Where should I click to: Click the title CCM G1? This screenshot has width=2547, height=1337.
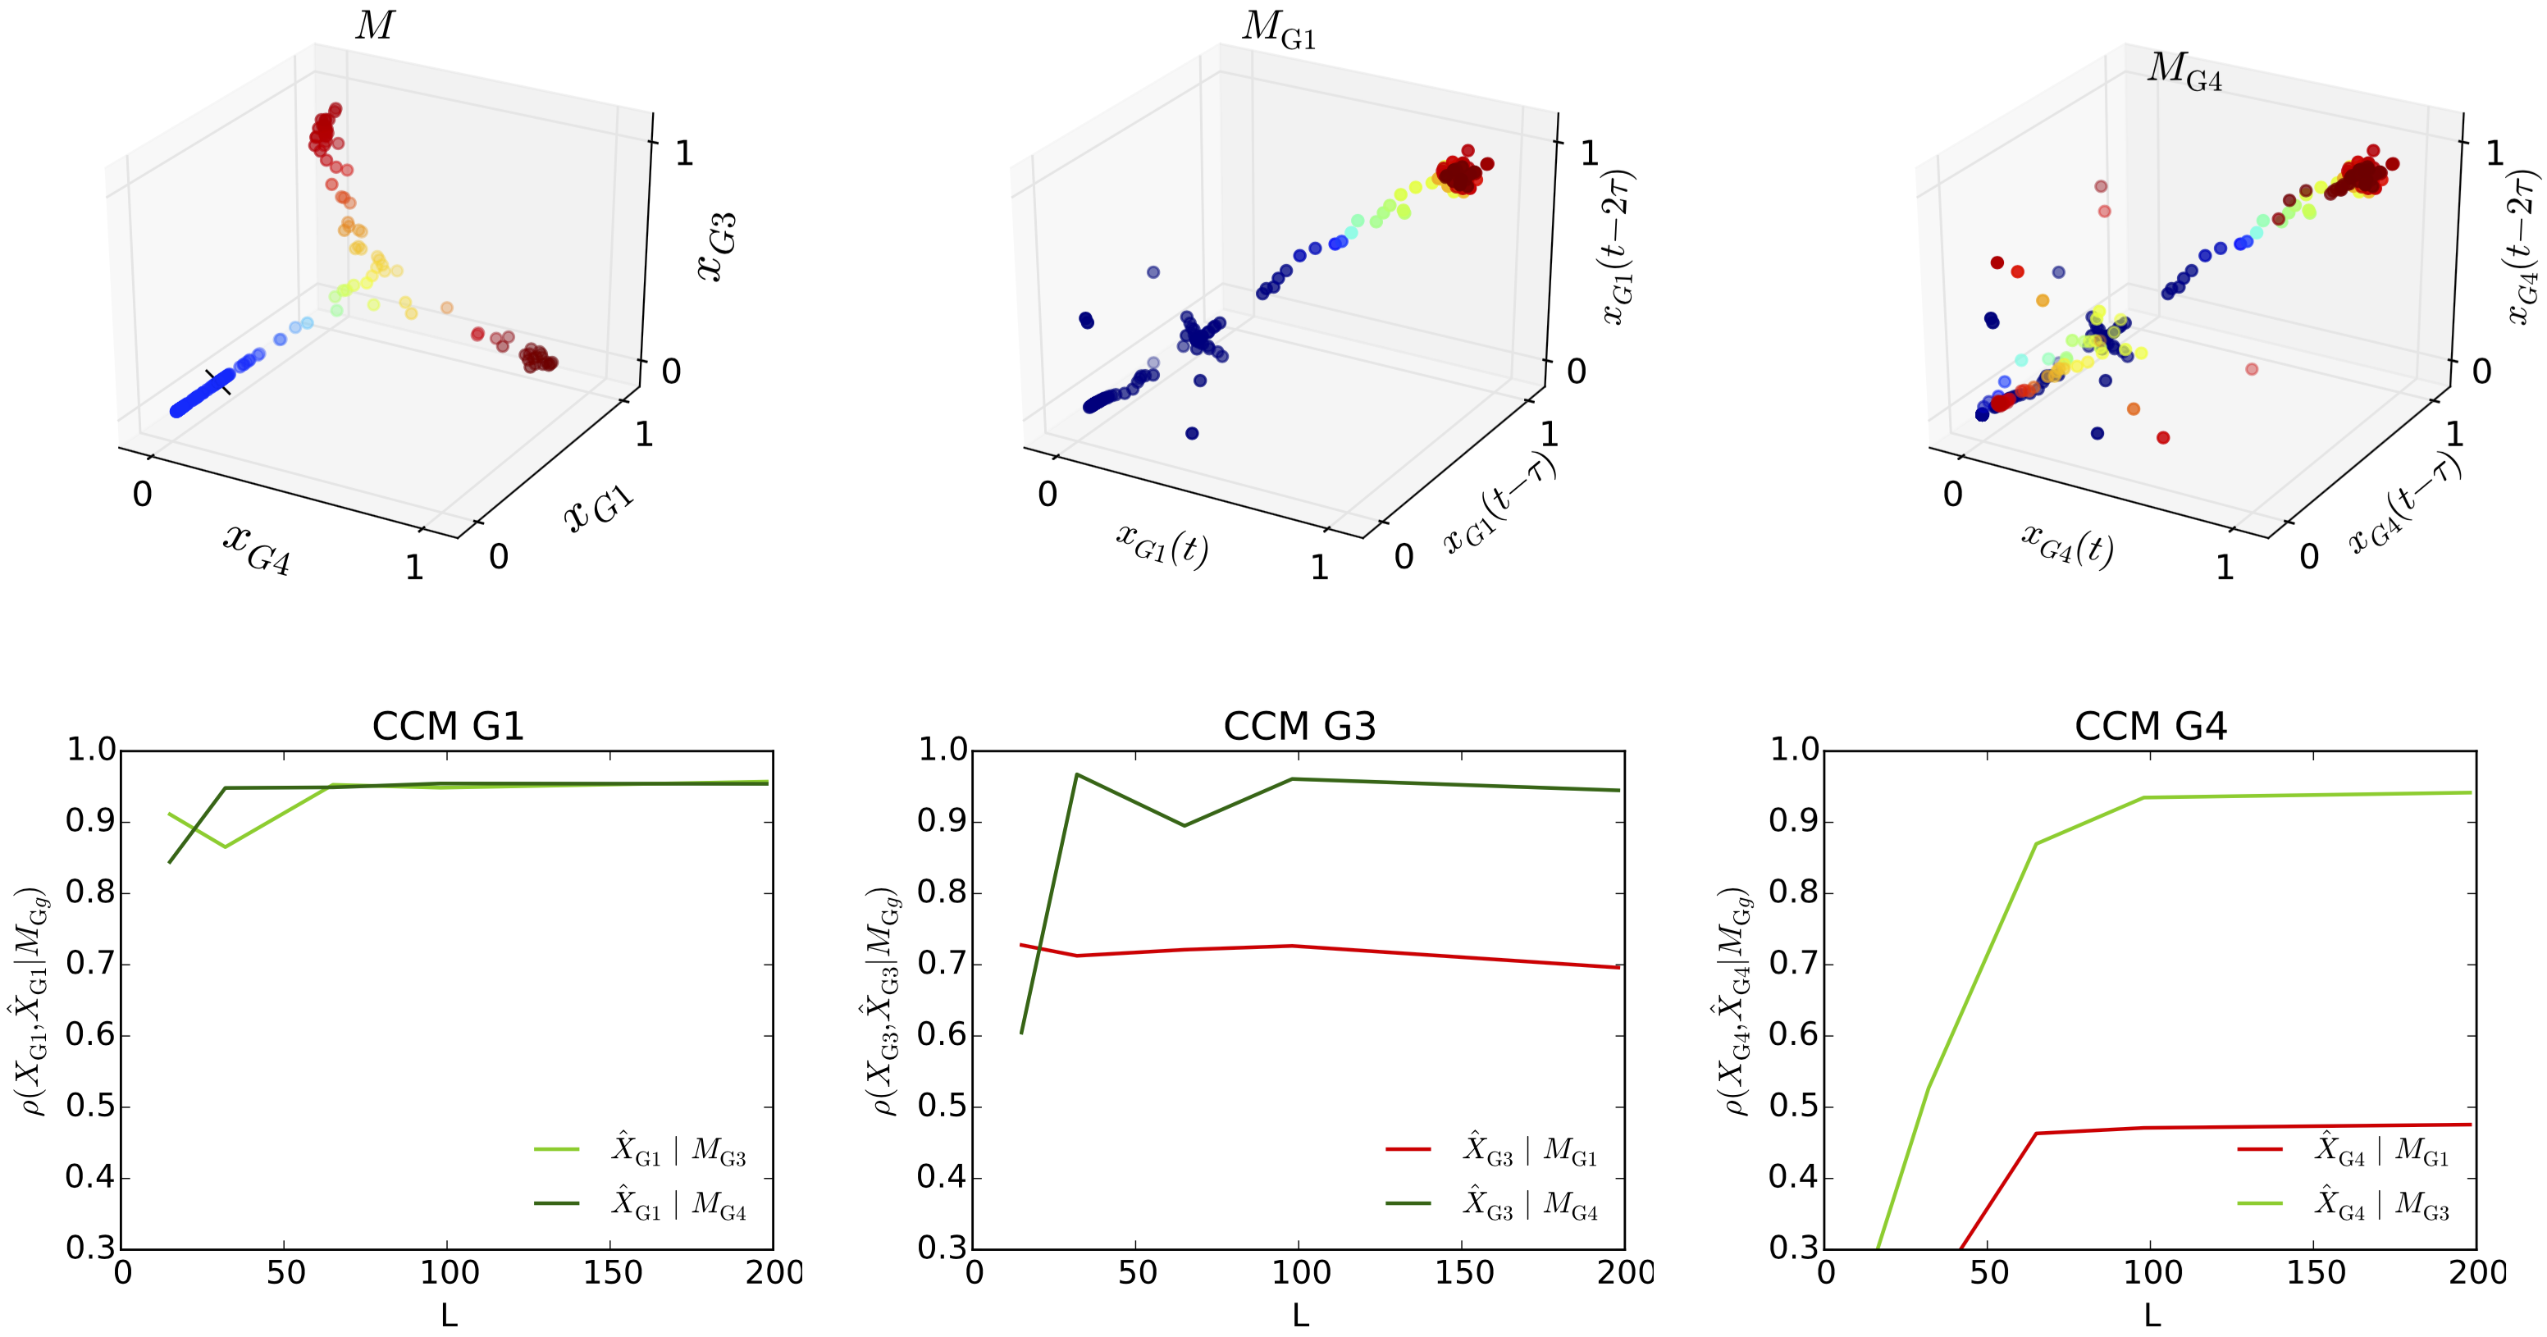pos(447,726)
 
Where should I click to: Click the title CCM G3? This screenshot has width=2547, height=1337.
pos(1299,726)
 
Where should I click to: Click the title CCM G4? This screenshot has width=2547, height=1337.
pos(2151,726)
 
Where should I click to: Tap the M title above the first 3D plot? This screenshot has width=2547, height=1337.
pos(375,25)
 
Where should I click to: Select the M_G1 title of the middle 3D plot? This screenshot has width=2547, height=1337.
pos(1279,30)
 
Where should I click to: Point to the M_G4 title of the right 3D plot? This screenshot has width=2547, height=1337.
pos(2184,71)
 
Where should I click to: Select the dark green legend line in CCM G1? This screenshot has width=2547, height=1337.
pos(557,1202)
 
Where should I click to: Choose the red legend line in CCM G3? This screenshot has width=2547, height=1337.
pos(1408,1149)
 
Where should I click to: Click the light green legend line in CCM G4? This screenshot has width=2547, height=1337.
pos(2260,1202)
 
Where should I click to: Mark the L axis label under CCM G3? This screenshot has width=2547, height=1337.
pos(1299,1315)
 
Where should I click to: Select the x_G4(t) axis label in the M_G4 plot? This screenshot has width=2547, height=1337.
pos(2066,543)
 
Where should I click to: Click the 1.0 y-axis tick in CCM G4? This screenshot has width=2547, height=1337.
pos(1794,750)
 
